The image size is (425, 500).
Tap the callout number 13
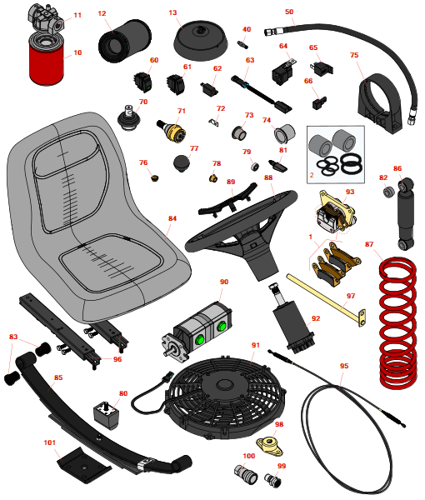pos(172,12)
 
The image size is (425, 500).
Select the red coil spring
pos(398,322)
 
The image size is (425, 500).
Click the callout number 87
pos(369,244)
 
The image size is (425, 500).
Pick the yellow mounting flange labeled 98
pos(269,443)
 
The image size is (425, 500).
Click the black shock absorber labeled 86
pos(406,213)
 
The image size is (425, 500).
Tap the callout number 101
pos(49,442)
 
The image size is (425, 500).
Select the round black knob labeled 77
pos(182,163)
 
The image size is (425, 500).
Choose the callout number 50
pos(289,12)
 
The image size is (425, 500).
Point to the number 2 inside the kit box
pos(312,175)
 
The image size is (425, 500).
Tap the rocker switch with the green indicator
pos(142,82)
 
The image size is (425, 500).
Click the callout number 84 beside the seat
pos(172,218)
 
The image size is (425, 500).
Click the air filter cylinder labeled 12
pos(124,41)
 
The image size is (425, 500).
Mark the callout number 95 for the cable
pos(344,366)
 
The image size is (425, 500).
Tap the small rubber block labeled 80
pos(106,415)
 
